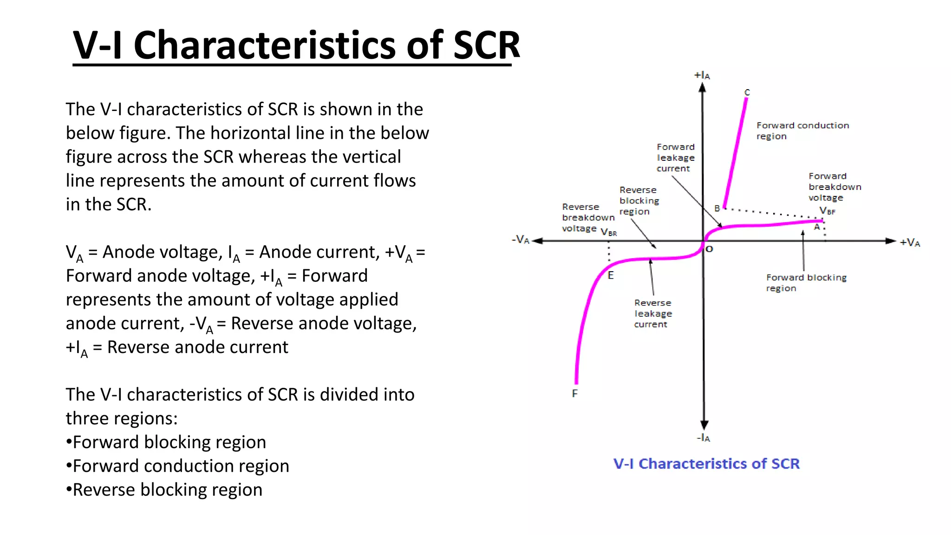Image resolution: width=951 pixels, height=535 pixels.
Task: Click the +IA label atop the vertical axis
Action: pos(702,75)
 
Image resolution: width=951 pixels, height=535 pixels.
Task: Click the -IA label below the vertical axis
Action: pos(703,438)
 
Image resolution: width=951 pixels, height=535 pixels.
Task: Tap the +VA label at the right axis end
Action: pos(910,242)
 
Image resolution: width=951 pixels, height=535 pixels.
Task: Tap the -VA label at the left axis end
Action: pos(521,240)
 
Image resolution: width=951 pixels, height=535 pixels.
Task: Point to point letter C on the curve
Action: pos(747,92)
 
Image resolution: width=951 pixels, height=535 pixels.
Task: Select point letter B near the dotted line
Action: pos(717,209)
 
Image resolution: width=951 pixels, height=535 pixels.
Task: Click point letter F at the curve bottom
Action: pos(575,394)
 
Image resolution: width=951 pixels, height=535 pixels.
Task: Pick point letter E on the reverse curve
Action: pos(611,275)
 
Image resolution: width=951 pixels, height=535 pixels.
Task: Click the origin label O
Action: pos(710,249)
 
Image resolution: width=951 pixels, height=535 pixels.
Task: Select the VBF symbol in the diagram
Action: pos(827,211)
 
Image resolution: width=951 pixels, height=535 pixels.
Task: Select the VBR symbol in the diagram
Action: pos(609,232)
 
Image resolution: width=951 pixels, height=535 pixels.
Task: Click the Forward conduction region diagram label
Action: pos(802,130)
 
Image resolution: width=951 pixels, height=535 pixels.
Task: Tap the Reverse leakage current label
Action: pos(653,313)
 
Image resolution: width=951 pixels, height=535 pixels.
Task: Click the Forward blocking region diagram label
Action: pos(806,282)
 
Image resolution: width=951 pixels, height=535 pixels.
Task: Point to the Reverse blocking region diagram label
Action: pos(639,201)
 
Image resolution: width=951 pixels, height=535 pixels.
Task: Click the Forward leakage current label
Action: pos(675,157)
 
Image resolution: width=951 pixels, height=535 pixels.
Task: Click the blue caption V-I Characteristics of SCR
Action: pos(706,463)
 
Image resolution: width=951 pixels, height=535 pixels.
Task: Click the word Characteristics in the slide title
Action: pos(265,45)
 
